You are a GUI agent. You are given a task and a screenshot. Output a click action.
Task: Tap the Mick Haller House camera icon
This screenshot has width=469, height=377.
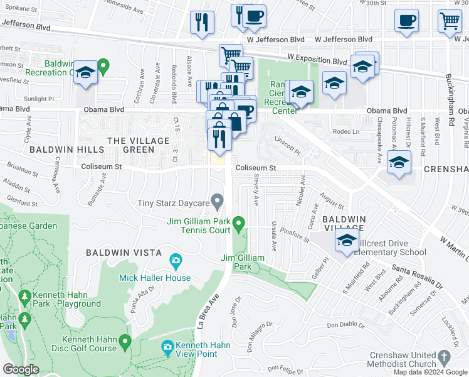coord(176,260)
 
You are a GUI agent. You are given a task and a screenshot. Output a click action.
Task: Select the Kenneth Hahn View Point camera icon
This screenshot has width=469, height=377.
coord(167,347)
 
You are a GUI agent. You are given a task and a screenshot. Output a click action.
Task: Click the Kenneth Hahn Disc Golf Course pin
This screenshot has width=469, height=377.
coord(125,342)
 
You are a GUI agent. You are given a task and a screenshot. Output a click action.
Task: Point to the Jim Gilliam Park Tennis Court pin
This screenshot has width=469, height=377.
coord(238,223)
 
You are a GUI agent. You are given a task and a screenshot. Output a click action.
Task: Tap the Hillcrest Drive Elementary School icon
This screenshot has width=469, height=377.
coord(345,241)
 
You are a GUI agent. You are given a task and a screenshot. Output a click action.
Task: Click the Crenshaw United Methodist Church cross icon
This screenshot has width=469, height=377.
coord(444,357)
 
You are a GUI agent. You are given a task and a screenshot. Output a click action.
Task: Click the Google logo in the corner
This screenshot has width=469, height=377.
coord(21,369)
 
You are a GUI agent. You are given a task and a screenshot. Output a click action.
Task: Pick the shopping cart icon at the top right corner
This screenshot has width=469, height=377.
coord(450,23)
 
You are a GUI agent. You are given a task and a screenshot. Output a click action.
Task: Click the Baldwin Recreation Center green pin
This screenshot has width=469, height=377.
coord(103,64)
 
